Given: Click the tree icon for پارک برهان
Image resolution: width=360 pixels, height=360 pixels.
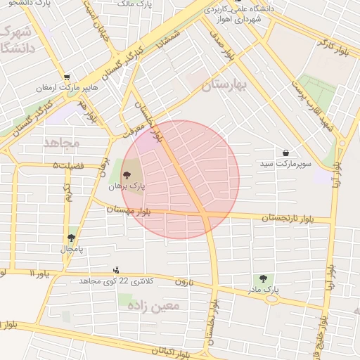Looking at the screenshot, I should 127,175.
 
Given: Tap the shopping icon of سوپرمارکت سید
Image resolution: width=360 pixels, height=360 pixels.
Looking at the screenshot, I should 285,153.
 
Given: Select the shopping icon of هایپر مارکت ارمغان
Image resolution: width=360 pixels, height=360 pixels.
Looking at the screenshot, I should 67,77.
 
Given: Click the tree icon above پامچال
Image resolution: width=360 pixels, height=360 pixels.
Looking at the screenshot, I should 71,238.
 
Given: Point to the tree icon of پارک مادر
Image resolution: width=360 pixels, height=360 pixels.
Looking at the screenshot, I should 264,278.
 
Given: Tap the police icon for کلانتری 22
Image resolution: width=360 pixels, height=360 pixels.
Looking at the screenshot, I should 117,270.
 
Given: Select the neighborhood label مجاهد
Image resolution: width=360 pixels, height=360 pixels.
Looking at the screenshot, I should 63,143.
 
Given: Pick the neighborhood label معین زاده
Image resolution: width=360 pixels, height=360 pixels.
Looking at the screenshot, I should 160,306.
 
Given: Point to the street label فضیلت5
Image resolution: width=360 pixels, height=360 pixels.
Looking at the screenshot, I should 67,166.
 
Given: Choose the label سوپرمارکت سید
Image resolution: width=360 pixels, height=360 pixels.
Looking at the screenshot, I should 276,163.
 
